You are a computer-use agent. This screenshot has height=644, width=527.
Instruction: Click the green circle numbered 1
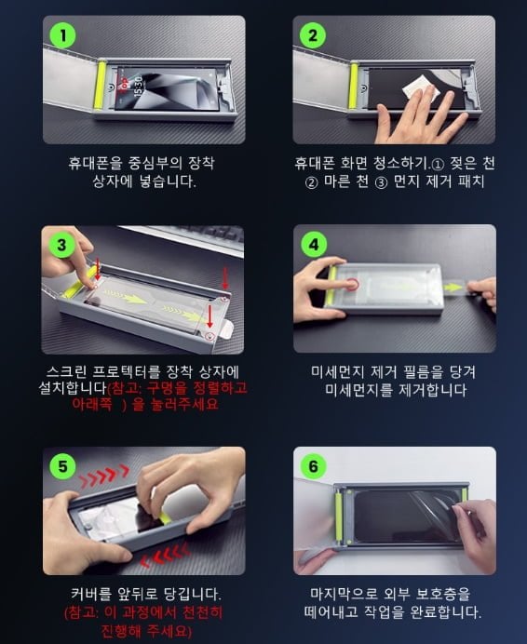click(63, 35)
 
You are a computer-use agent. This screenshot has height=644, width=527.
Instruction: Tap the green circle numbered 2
click(313, 35)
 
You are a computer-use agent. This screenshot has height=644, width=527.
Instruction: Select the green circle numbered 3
click(62, 245)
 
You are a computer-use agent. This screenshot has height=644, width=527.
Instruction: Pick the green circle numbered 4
click(314, 245)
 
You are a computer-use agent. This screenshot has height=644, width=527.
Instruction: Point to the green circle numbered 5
click(63, 466)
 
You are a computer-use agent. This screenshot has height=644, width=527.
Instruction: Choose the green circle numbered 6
click(314, 466)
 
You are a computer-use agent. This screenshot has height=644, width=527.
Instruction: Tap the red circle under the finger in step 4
click(352, 284)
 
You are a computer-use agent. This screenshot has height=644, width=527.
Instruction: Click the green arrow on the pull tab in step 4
click(453, 288)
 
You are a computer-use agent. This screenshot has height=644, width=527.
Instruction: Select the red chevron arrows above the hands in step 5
click(104, 476)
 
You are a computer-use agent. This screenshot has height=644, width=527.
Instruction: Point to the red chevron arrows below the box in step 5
click(165, 555)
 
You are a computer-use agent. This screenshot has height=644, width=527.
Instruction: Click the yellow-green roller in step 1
click(101, 85)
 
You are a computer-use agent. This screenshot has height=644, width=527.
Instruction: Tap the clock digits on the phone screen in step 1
click(137, 85)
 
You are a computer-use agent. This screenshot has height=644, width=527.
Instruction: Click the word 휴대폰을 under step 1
click(95, 163)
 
